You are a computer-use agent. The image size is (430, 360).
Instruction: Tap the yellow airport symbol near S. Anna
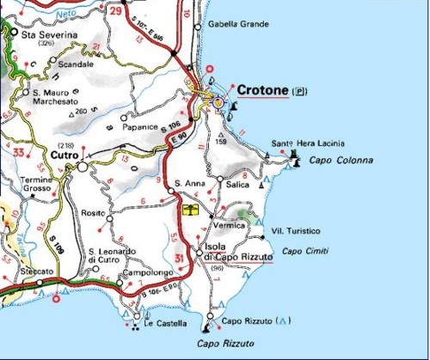coord(190,209)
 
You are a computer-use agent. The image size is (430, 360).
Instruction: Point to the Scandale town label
coord(77,64)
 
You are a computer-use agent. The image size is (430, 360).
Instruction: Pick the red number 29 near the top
coord(116,10)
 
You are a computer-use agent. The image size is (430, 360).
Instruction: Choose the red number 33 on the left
coord(17,151)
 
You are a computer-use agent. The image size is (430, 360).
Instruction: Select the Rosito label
coord(92,212)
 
